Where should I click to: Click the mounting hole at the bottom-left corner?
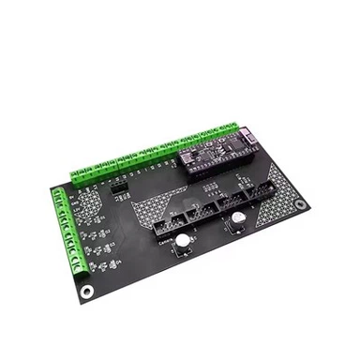87,291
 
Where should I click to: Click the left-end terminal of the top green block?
76,176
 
